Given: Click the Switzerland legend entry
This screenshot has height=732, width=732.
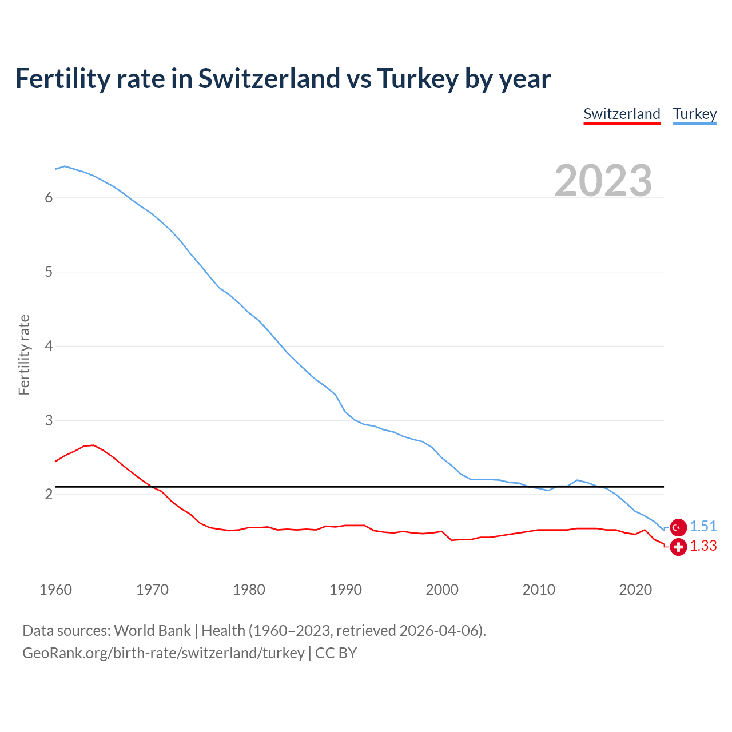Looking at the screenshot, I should click(x=622, y=114).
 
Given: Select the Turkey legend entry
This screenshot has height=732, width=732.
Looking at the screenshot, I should click(x=694, y=114).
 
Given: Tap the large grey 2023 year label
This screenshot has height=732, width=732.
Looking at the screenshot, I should click(x=603, y=181).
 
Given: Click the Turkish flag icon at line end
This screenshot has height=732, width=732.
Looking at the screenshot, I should click(x=678, y=527).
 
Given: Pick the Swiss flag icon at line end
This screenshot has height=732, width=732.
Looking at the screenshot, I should click(x=678, y=547).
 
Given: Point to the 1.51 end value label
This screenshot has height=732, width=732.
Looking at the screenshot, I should click(x=703, y=527).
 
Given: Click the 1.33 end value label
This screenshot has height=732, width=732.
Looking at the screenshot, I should click(x=703, y=546).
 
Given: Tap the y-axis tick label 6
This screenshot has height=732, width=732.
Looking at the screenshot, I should click(x=49, y=198).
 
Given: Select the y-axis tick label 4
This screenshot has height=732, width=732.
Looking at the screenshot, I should click(x=49, y=346).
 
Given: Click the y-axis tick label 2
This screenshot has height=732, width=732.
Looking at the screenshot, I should click(x=49, y=494).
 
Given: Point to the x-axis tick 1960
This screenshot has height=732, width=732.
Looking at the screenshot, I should click(x=55, y=590).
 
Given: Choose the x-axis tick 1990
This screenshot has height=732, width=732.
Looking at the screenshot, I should click(x=345, y=590).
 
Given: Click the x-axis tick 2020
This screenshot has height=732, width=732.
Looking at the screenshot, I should click(x=635, y=590).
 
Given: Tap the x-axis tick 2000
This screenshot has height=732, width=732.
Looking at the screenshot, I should click(x=442, y=590).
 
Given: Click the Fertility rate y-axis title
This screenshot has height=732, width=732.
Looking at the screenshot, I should click(x=24, y=355).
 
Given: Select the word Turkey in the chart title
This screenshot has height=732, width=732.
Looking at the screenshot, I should click(x=417, y=79).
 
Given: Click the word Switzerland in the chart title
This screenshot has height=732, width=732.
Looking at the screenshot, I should click(x=269, y=79).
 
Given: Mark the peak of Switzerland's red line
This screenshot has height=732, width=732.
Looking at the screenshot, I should click(x=93, y=445).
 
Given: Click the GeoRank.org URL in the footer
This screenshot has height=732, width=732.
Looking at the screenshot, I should click(x=163, y=653).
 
